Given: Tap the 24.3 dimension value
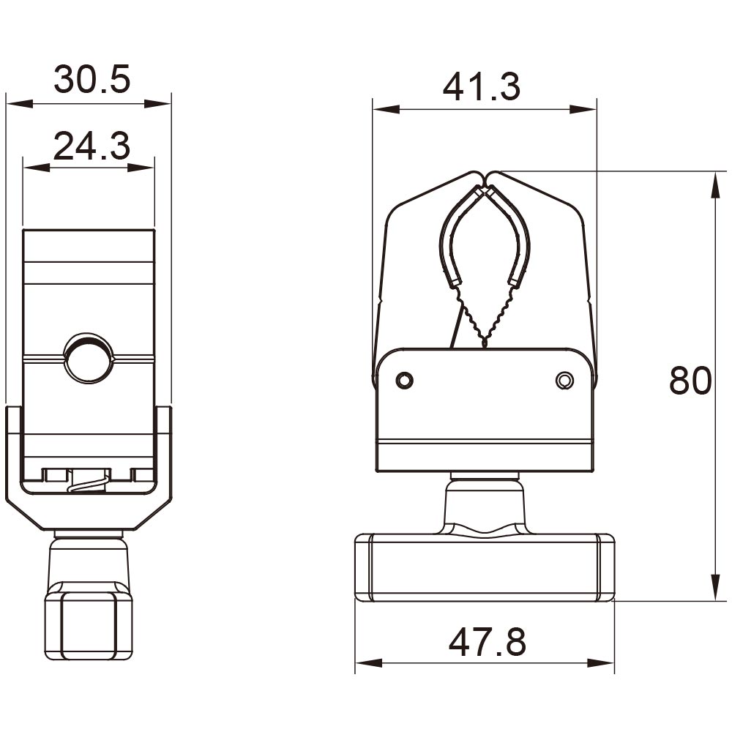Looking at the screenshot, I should pos(91,146).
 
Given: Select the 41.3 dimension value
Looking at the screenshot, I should pos(481,87).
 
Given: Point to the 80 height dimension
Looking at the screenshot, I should pos(690,381).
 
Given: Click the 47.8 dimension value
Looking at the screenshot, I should pos(487,643).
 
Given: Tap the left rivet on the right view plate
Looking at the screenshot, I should pos(404,380).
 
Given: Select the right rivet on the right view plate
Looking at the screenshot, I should pos(564,380).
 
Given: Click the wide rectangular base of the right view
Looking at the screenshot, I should pos(484,567).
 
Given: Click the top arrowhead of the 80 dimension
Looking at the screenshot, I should pos(714,183).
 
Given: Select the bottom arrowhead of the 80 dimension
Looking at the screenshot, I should pos(714,589).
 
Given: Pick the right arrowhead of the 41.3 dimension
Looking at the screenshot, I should pos(585,110).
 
